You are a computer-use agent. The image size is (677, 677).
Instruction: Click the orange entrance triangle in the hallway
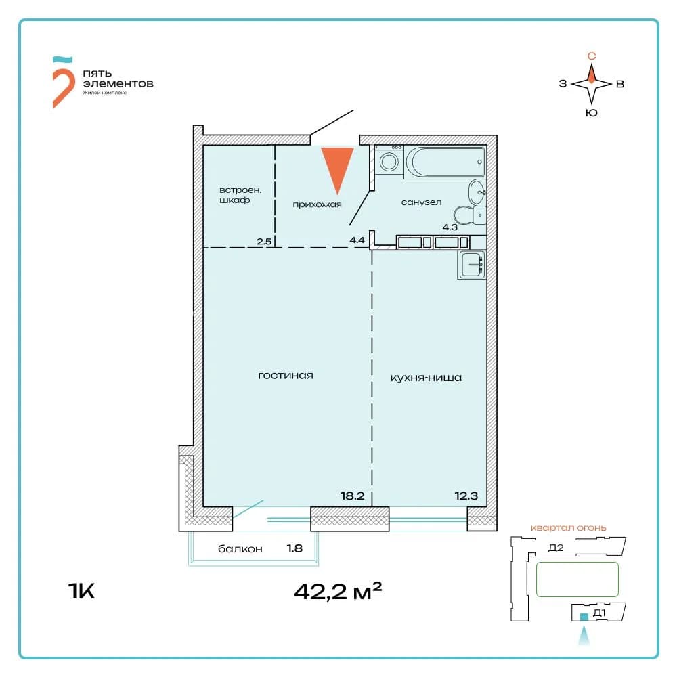(337, 167)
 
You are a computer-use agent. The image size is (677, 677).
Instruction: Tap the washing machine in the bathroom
(389, 160)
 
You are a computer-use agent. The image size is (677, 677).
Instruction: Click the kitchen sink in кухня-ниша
(472, 265)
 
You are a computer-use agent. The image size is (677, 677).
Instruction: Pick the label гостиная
(286, 376)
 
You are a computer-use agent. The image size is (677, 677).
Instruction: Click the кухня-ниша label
(426, 378)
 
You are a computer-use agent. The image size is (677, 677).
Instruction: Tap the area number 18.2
(352, 496)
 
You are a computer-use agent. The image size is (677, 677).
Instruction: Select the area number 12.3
(466, 496)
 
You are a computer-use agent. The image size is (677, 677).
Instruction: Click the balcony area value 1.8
(294, 548)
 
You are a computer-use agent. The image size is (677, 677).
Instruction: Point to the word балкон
(240, 549)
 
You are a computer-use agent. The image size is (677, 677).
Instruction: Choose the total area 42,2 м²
(338, 591)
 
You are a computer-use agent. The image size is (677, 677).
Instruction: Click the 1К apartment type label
(81, 590)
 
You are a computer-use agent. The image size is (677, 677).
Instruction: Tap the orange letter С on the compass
(592, 56)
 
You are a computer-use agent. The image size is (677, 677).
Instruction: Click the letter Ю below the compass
(592, 113)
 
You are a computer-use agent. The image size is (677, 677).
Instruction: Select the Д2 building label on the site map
(556, 548)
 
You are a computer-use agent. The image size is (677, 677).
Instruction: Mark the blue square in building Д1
(584, 617)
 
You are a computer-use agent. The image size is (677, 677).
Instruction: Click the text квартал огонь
(568, 527)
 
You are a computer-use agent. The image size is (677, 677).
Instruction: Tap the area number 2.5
(264, 242)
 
